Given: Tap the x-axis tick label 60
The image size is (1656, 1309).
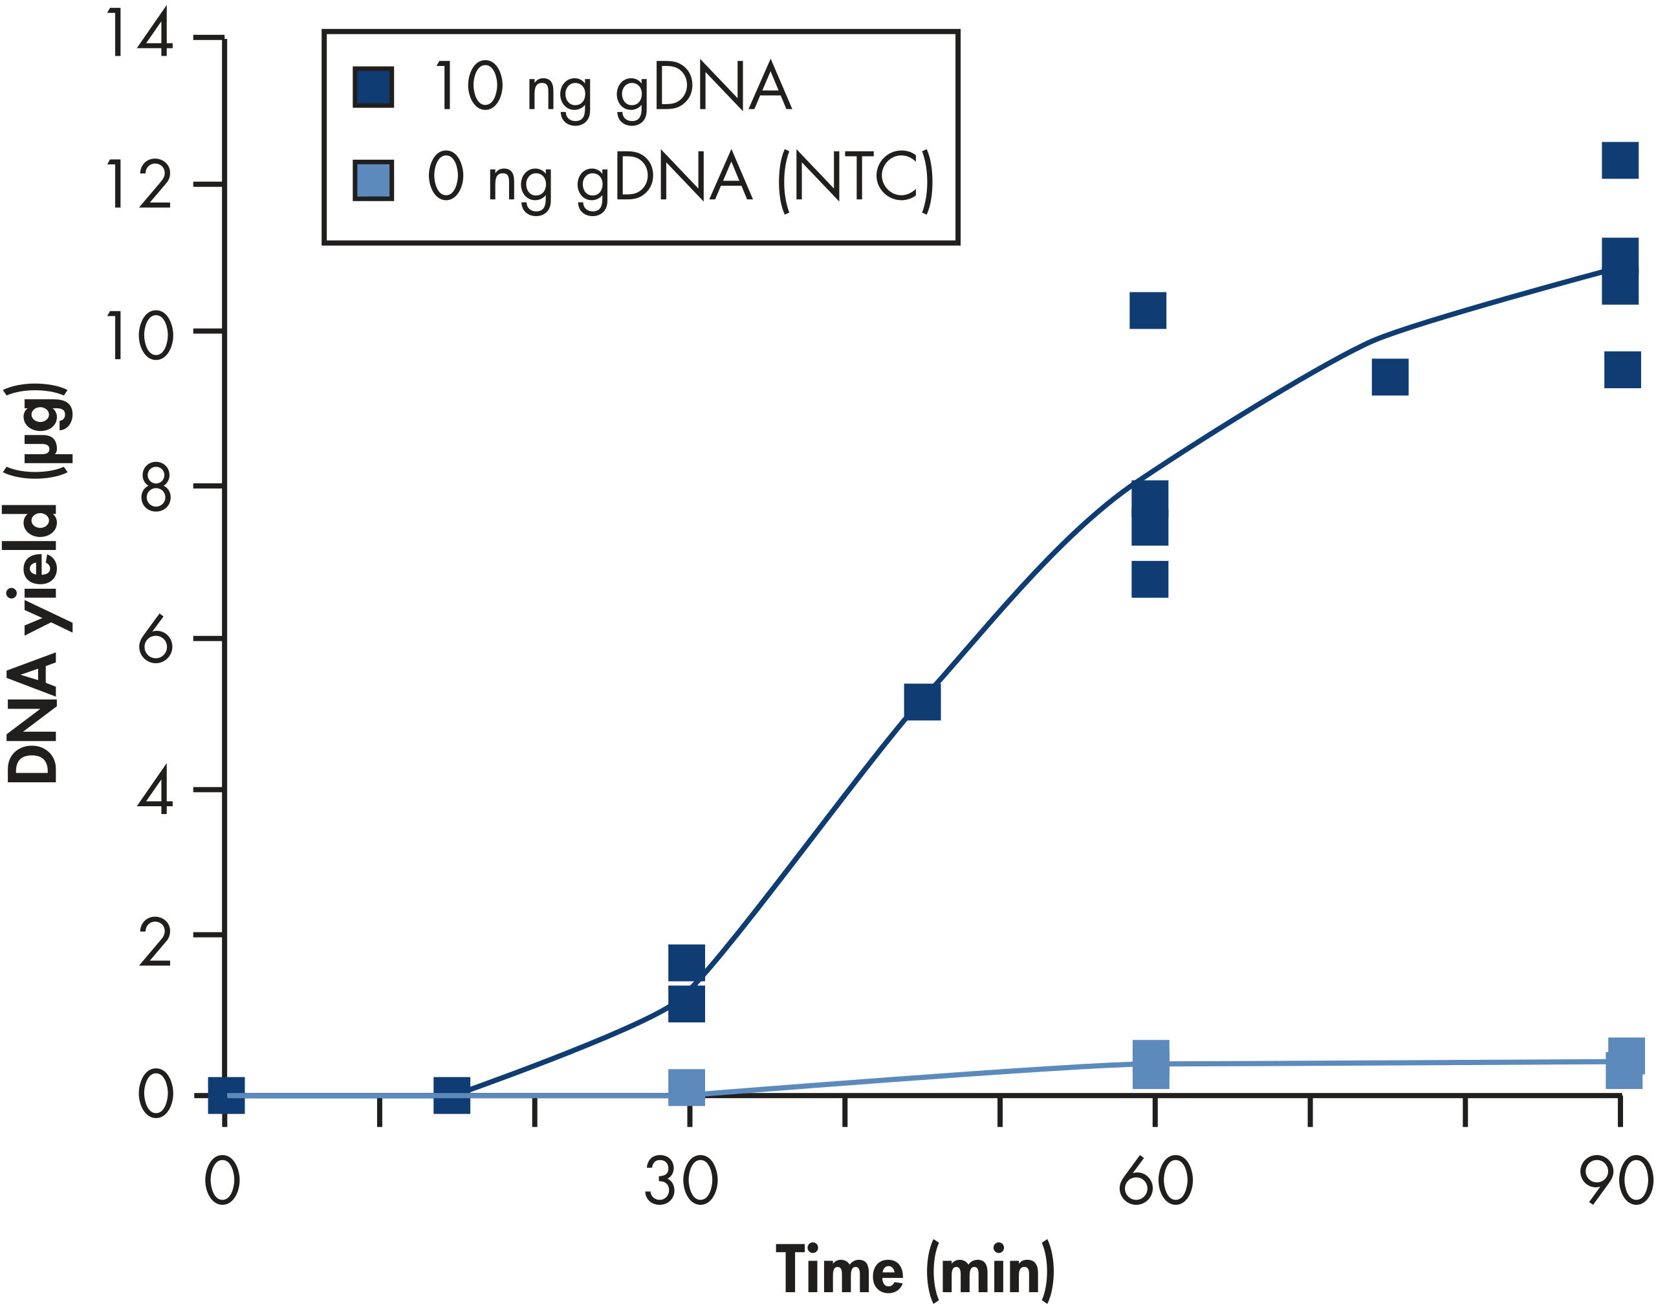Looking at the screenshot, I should pyautogui.click(x=1155, y=1182).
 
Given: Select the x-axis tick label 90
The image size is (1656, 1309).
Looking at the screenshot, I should pyautogui.click(x=1618, y=1182).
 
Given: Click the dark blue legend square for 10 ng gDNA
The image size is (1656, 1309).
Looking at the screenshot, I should pyautogui.click(x=373, y=87).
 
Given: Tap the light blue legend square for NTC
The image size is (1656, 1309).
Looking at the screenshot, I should pyautogui.click(x=373, y=180).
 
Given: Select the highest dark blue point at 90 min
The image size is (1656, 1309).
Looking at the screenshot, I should pyautogui.click(x=1620, y=160).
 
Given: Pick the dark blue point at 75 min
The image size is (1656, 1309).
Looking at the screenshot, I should pyautogui.click(x=1389, y=377).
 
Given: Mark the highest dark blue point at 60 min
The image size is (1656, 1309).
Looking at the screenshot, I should pyautogui.click(x=1148, y=311).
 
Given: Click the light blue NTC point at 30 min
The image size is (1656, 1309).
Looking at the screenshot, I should pyautogui.click(x=686, y=1087).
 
